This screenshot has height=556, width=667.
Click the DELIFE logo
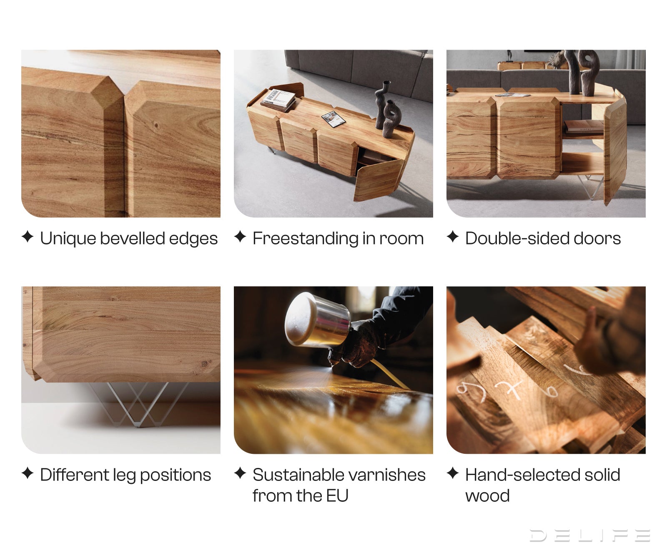click(x=589, y=535)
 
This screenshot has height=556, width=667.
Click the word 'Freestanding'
click(x=306, y=239)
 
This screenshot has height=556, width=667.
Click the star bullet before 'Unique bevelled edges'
click(x=28, y=236)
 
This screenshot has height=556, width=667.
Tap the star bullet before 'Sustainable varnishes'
click(x=240, y=473)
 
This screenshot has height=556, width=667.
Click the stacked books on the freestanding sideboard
click(x=278, y=101)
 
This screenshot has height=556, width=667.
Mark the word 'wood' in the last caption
click(x=487, y=496)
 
